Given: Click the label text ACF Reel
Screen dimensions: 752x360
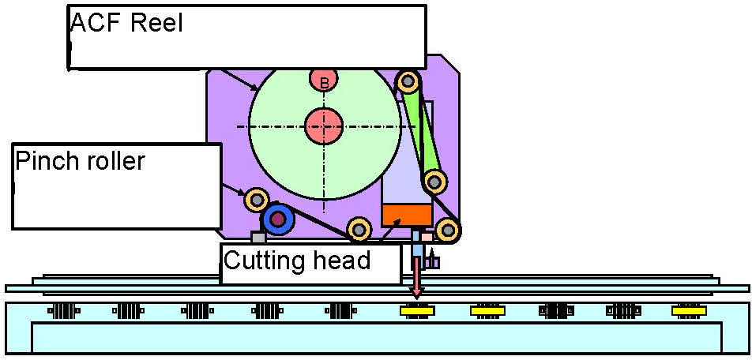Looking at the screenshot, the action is (x=127, y=23).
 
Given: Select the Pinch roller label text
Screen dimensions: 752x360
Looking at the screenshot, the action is (x=81, y=162).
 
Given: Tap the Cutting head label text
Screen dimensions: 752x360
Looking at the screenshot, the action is (x=297, y=261).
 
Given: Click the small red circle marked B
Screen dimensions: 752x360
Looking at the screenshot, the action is (x=324, y=81).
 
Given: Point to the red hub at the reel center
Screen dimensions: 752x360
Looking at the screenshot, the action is (x=324, y=125).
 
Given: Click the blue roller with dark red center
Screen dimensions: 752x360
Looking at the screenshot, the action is (x=277, y=219).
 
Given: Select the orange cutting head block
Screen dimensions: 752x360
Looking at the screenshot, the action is (x=407, y=213).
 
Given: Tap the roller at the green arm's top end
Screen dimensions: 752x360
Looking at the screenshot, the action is (x=408, y=81).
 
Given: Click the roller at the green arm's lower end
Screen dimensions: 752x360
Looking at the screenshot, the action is (x=432, y=182).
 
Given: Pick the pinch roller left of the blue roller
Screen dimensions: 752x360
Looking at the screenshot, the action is (x=255, y=199).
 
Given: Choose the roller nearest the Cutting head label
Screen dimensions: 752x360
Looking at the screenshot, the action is (x=359, y=229).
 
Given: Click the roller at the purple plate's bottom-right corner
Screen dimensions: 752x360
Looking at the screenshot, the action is (x=448, y=230).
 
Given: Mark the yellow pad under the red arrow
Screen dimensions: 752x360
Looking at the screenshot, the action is (x=417, y=311).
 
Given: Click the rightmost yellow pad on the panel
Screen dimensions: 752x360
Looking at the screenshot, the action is (x=689, y=311).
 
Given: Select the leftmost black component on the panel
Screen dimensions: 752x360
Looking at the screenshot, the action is (x=63, y=311).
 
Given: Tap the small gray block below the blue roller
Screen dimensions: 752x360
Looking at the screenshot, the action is (x=258, y=236).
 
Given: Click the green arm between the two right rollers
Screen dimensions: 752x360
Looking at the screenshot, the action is (x=421, y=130).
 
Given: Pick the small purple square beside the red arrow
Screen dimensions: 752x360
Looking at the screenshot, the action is (x=433, y=261).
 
